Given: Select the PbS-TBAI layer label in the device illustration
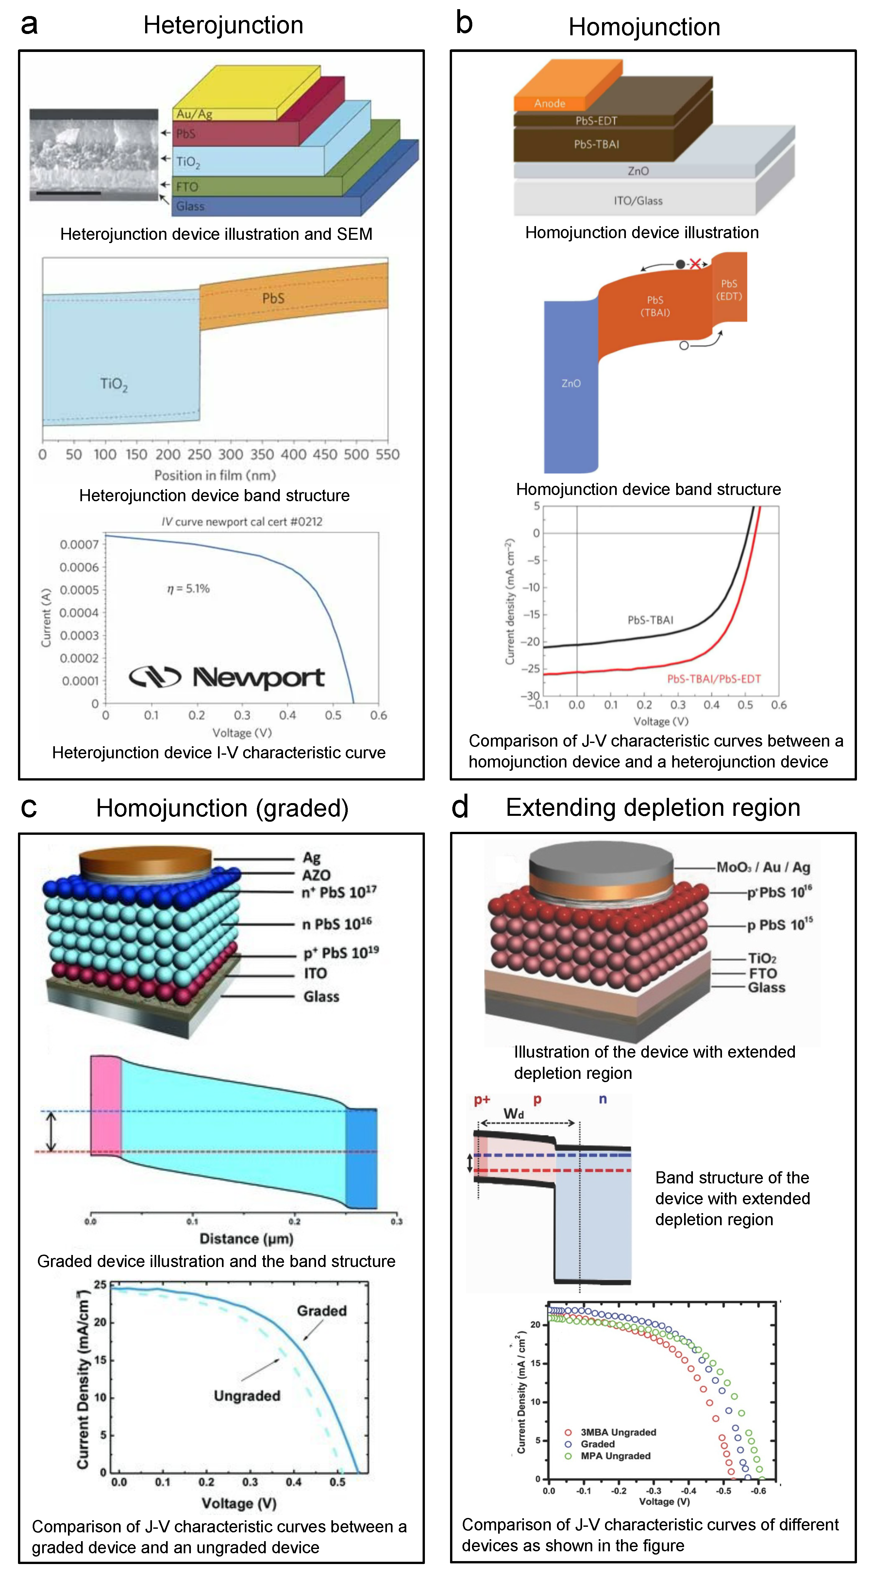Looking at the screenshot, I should [x=596, y=144].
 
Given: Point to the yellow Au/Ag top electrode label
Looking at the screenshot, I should [x=194, y=114].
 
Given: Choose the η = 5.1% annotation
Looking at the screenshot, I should [x=188, y=588].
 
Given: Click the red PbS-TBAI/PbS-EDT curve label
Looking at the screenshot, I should [x=713, y=679].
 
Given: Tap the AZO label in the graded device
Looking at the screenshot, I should [x=316, y=875].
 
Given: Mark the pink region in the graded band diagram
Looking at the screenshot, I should [x=106, y=1105].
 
